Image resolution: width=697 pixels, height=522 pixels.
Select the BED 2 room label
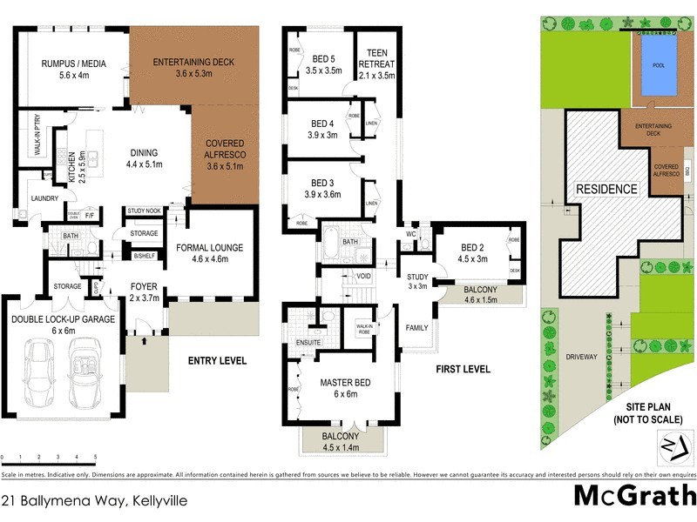tap(471, 251)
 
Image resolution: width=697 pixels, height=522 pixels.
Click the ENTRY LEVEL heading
tap(218, 360)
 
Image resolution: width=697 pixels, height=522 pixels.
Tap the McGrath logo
tap(634, 496)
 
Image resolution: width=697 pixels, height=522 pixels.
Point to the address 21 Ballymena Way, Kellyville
tap(94, 501)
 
